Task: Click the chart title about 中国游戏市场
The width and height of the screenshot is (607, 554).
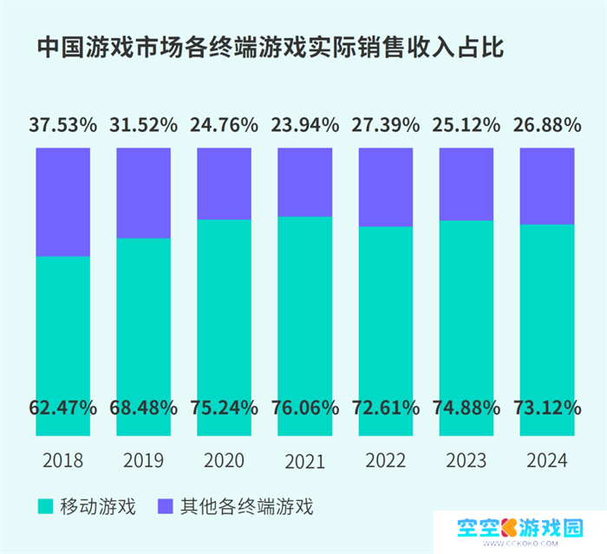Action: (270, 49)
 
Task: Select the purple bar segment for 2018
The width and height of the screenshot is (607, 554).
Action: (62, 201)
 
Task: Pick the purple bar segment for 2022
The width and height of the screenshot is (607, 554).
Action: (386, 186)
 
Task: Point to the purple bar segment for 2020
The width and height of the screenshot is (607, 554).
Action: (225, 183)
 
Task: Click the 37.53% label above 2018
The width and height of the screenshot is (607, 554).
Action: (62, 125)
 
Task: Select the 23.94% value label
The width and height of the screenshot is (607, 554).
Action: (304, 125)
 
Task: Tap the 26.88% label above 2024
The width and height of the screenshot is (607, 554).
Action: (547, 125)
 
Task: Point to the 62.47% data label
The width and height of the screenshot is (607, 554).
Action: (62, 406)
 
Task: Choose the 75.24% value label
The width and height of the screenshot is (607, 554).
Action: (225, 406)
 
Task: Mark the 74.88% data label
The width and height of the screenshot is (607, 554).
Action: (467, 406)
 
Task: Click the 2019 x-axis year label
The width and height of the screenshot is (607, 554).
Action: (143, 459)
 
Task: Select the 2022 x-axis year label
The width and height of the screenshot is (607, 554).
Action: (386, 459)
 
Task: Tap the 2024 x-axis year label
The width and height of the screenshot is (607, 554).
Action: (547, 459)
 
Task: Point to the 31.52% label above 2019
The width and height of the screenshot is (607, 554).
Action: (143, 125)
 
